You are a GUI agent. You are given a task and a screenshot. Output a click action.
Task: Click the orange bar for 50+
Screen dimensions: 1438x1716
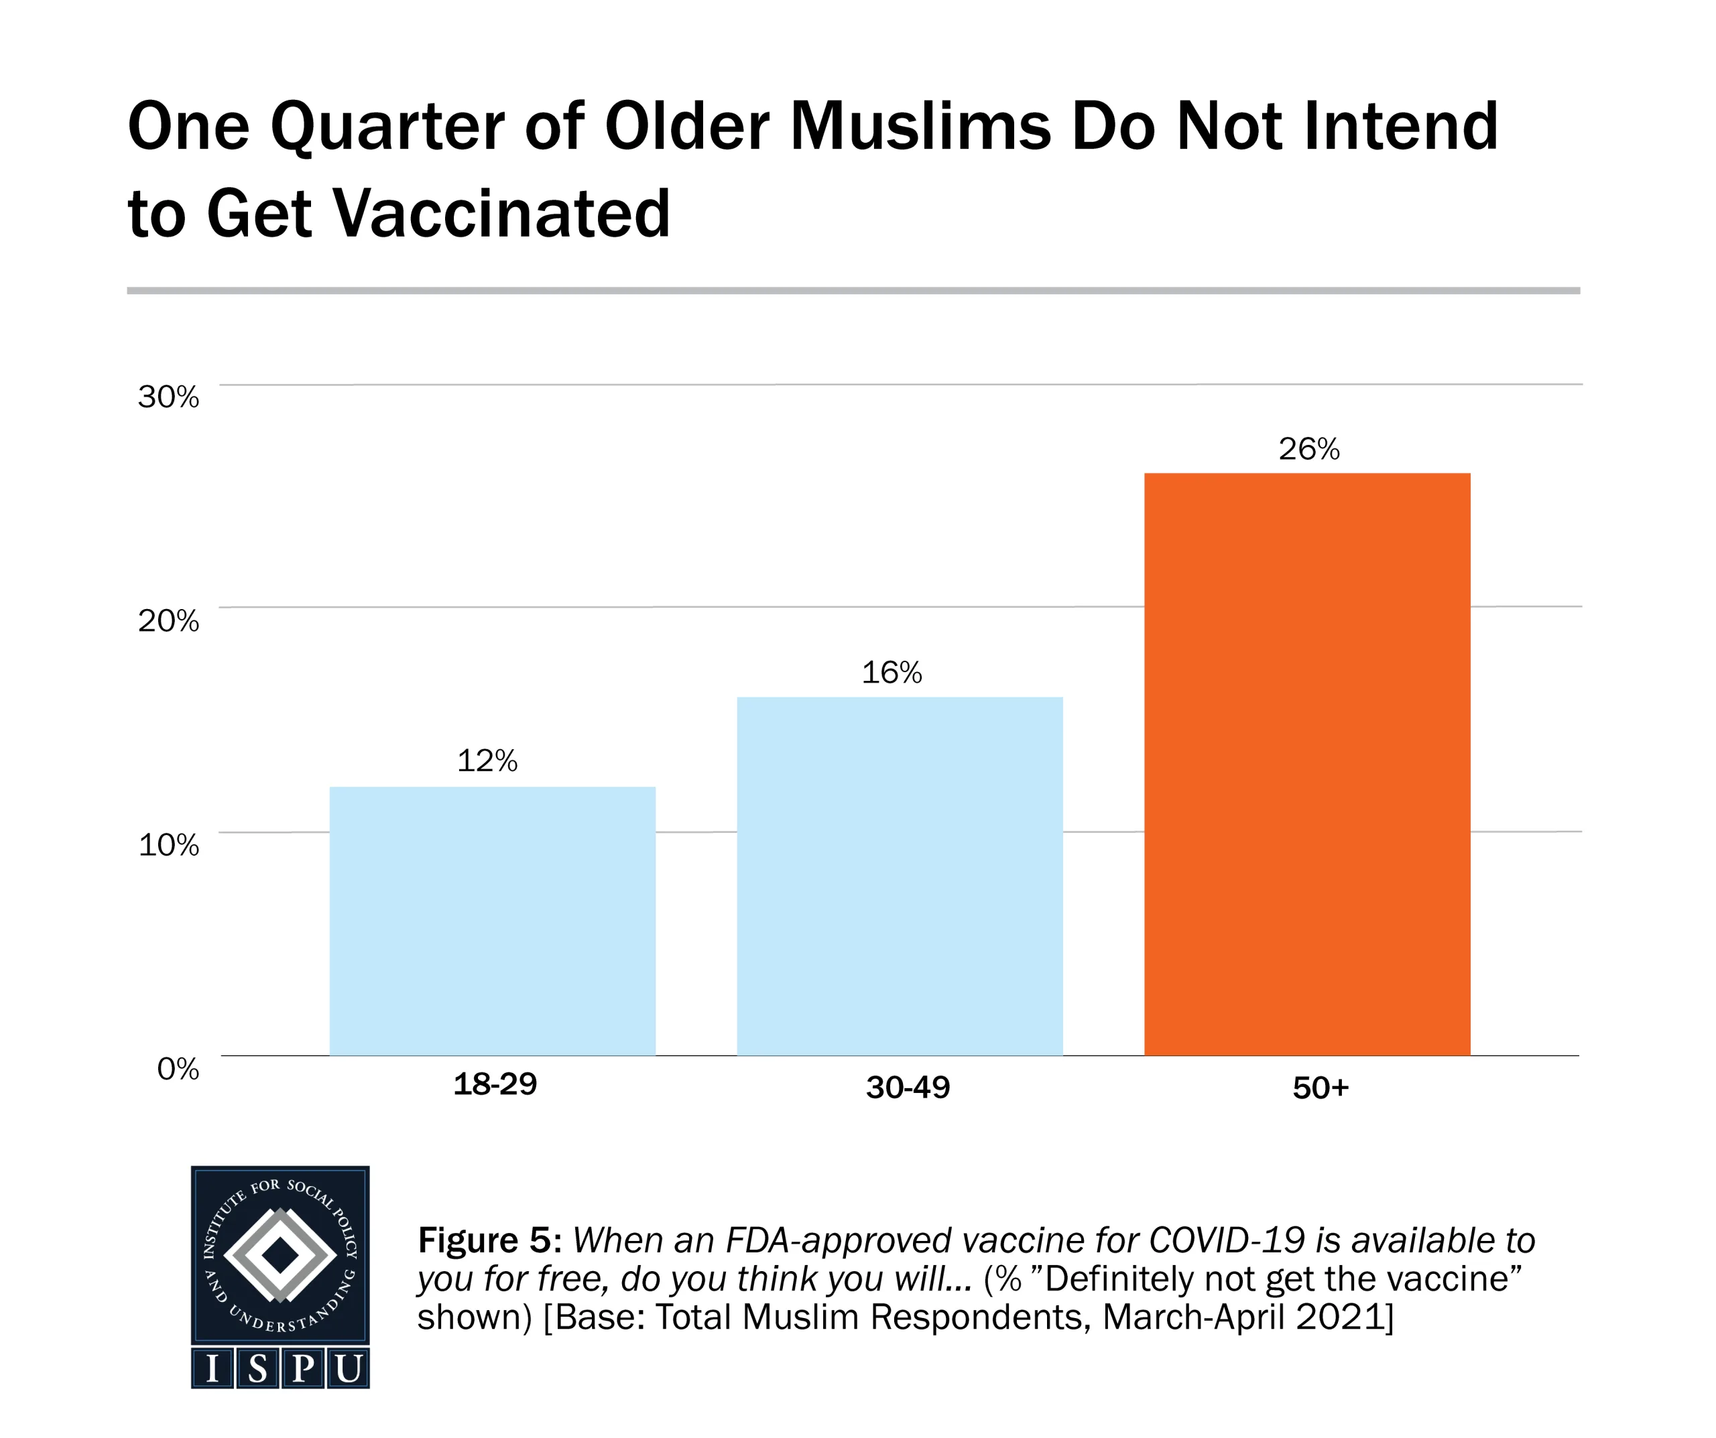coord(1306,764)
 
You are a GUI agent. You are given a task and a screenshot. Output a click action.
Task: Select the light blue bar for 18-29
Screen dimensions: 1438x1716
coord(492,921)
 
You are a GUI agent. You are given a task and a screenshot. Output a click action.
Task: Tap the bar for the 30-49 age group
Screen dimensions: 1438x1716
coord(900,876)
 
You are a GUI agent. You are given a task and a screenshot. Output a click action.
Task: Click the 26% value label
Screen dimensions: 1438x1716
coord(1309,448)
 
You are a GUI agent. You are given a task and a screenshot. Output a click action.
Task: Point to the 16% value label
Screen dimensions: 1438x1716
coord(892,672)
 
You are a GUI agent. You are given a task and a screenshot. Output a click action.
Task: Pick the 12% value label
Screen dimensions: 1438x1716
coord(487,761)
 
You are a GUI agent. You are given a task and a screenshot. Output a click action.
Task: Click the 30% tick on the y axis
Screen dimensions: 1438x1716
coord(168,397)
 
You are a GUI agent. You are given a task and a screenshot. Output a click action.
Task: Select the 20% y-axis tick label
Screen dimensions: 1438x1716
coord(168,621)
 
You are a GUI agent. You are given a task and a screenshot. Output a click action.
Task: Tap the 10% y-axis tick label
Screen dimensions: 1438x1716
coord(168,845)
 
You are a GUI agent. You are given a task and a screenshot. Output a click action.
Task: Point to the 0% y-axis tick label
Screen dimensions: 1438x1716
coord(178,1069)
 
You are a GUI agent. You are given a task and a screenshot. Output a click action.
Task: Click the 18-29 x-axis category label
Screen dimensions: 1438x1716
coord(495,1084)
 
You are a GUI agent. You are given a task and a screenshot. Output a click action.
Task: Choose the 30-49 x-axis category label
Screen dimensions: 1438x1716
coord(908,1088)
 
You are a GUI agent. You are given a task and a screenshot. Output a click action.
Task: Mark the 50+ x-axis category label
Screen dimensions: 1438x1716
coord(1321,1088)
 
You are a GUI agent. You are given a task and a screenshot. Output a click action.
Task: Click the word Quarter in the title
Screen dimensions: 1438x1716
coord(387,127)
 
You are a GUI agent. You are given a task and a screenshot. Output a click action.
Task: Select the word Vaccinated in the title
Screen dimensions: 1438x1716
coord(503,214)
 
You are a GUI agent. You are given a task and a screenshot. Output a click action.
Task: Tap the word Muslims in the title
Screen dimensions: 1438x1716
coord(921,127)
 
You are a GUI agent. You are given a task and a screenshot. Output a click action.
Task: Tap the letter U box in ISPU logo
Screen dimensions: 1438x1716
coord(348,1368)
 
